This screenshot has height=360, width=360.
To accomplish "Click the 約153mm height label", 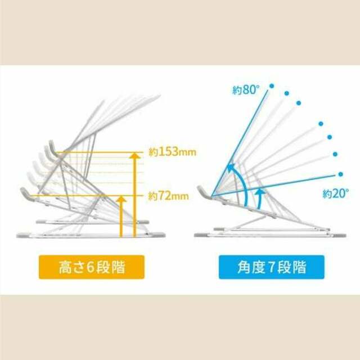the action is click(x=173, y=152).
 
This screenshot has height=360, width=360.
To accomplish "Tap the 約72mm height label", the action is click(x=168, y=196).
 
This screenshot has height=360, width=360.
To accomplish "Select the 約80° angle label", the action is click(x=245, y=90).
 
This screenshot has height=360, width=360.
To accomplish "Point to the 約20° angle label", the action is click(x=335, y=193).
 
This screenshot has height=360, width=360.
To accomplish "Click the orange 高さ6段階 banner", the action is click(x=92, y=267).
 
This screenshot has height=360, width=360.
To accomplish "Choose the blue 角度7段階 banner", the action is click(x=271, y=267).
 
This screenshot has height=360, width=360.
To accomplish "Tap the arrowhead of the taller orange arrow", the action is click(x=135, y=156).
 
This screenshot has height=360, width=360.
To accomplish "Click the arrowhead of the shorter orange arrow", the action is click(x=121, y=199).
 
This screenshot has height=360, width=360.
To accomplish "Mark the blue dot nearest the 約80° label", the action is click(x=272, y=86).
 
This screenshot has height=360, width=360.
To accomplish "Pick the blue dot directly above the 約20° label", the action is click(x=341, y=174).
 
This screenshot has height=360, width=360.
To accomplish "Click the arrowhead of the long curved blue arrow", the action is click(x=231, y=168).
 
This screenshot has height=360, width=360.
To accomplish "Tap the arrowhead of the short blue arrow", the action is click(x=260, y=191).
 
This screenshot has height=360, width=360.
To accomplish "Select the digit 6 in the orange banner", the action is click(x=91, y=267).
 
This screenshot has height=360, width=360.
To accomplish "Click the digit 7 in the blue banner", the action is click(x=271, y=267).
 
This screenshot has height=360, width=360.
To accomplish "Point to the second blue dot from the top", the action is click(x=286, y=93).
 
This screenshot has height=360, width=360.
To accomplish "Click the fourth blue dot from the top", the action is click(x=321, y=124).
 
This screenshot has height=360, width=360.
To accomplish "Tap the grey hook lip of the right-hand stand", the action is click(x=202, y=191).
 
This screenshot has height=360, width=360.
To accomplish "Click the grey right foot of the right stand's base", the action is click(x=339, y=235).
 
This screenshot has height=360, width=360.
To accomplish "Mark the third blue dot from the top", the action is click(x=299, y=103).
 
